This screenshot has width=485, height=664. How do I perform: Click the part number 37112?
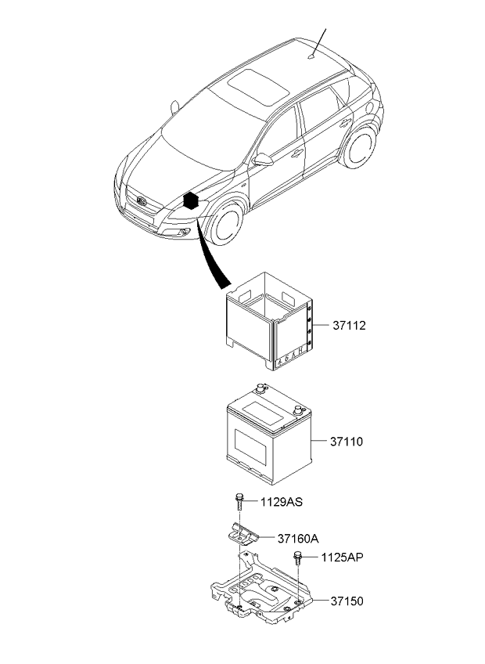[x=349, y=326]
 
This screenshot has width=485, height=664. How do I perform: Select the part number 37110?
[x=347, y=442]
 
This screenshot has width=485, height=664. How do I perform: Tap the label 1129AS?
[x=281, y=502]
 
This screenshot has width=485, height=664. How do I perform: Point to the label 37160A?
[x=298, y=539]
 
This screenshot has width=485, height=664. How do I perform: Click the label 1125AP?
[x=342, y=558]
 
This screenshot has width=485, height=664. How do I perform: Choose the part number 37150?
[x=347, y=601]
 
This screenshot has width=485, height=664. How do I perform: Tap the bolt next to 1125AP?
[x=298, y=558]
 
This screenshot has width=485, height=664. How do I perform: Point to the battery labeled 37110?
[x=269, y=434]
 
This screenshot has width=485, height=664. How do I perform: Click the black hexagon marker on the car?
[x=191, y=200]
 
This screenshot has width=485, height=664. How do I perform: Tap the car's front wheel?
[x=225, y=224]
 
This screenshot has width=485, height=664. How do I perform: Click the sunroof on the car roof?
[x=259, y=88]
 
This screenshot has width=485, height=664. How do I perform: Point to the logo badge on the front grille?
[x=142, y=201]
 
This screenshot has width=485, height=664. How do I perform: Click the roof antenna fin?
[x=312, y=56]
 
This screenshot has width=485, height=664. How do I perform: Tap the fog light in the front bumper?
[x=183, y=231]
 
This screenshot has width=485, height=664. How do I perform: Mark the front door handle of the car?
[x=298, y=153]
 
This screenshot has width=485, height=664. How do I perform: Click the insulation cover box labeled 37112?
[x=270, y=321]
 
